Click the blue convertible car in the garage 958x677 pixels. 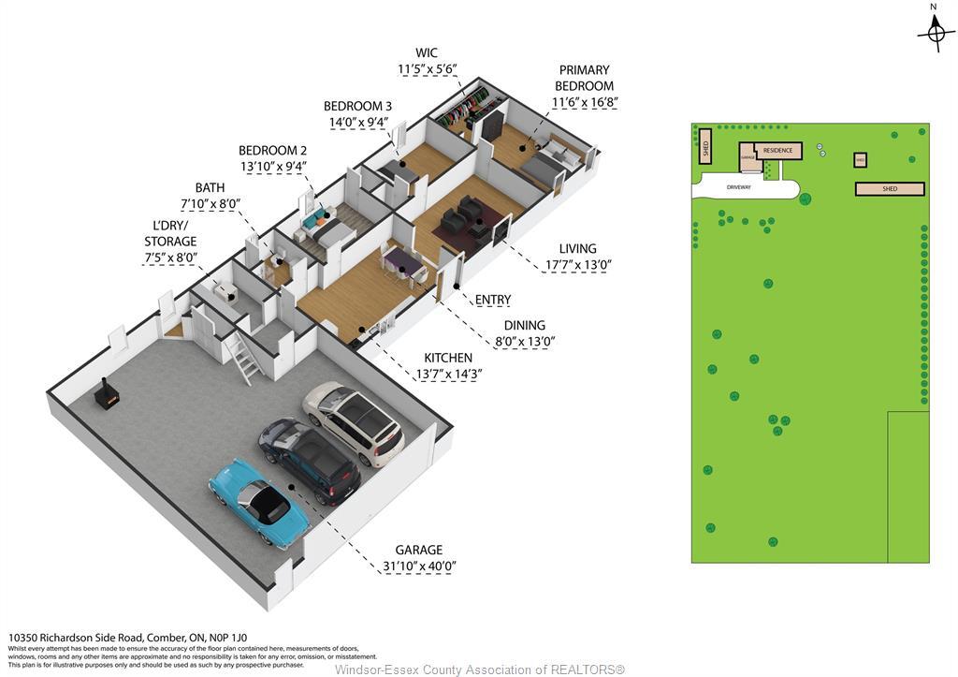259,502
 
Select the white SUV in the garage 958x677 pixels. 354,423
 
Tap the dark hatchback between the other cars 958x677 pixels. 310,460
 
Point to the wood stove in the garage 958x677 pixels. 108,396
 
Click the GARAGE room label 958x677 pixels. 418,550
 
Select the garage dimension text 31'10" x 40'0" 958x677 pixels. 418,566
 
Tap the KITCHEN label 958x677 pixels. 448,358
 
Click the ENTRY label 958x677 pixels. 493,300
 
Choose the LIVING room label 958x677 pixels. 577,248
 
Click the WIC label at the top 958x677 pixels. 427,52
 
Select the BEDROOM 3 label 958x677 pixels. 357,106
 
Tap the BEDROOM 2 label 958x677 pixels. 272,150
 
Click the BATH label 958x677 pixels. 210,187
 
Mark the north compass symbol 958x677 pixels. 936,32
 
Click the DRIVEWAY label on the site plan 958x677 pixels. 739,187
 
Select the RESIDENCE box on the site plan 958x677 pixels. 778,151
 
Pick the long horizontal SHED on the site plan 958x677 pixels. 890,189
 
